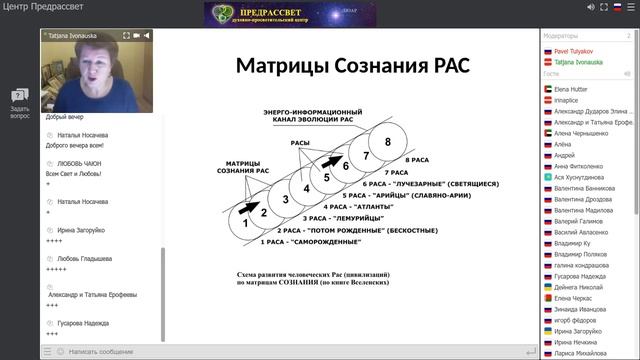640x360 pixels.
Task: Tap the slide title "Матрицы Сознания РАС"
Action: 352,67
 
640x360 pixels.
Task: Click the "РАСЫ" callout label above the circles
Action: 301,144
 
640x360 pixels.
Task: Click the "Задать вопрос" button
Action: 19,104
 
